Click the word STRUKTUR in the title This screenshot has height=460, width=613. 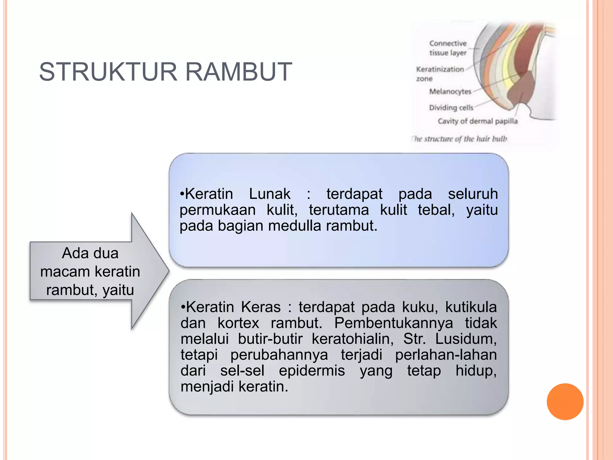108,72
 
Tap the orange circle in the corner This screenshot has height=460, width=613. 565,402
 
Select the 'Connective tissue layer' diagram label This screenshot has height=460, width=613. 448,48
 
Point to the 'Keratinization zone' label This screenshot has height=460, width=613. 439,74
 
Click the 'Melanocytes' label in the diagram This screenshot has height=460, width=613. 450,91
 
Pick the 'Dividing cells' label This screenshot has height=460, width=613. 451,108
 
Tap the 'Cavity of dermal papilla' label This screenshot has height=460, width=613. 477,121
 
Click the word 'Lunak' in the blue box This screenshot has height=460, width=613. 269,194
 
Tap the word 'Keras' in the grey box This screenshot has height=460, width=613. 261,307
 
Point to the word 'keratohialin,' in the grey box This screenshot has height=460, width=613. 353,339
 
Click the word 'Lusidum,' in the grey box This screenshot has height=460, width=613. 466,339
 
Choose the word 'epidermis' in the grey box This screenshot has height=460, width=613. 312,371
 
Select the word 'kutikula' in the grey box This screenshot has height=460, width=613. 471,307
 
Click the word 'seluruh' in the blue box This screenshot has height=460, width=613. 473,194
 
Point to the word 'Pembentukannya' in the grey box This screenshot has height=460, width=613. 393,323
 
